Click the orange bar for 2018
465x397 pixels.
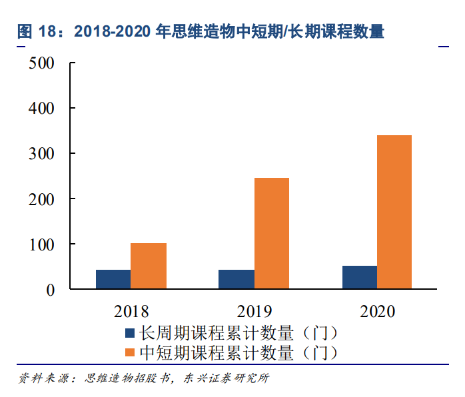coord(149,266)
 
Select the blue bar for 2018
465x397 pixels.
coord(113,279)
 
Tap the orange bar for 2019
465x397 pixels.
coord(272,233)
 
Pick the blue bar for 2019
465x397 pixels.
coord(236,279)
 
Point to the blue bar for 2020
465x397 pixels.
coord(359,277)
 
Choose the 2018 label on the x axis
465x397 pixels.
coord(131,311)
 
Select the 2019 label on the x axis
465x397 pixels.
coord(254,311)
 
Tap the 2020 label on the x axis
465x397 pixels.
coord(377,311)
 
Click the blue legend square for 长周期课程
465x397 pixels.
coord(131,333)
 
